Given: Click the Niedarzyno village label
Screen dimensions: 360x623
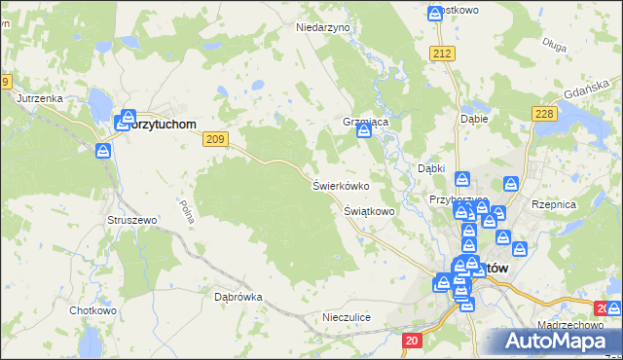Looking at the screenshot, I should click(x=322, y=28).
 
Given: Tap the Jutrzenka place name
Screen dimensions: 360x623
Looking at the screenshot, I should click(x=40, y=99).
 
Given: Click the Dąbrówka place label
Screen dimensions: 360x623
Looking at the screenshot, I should click(x=238, y=297).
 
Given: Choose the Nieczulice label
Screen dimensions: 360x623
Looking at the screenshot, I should click(x=347, y=317).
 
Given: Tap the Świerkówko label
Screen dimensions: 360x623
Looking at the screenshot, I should click(x=340, y=185).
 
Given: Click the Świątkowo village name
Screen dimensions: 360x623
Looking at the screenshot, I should click(x=369, y=210).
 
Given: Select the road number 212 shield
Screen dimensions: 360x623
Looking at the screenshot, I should click(x=444, y=53).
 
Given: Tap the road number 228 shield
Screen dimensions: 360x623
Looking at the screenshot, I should click(x=544, y=115).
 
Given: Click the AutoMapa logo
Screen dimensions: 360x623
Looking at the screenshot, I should click(x=553, y=342).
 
